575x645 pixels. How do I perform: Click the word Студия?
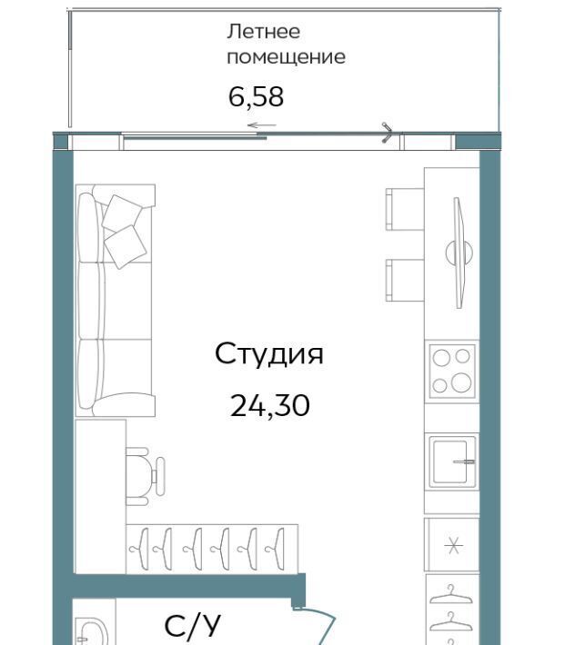pyautogui.click(x=269, y=354)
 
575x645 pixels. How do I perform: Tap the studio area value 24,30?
pyautogui.click(x=270, y=405)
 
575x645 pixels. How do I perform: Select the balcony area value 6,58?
pyautogui.click(x=256, y=97)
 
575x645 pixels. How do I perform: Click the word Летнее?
pyautogui.click(x=264, y=32)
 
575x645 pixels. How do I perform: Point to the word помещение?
pyautogui.click(x=286, y=56)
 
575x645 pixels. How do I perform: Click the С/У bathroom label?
pyautogui.click(x=192, y=626)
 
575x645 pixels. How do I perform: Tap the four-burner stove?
pyautogui.click(x=452, y=372)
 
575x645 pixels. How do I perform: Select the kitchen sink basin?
pyautogui.click(x=452, y=461)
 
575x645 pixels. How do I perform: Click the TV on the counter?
pyautogui.click(x=459, y=253)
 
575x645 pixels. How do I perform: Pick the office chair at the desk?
pyautogui.click(x=145, y=476)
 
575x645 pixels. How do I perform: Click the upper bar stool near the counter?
pyautogui.click(x=405, y=209)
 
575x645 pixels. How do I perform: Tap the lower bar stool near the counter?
pyautogui.click(x=405, y=280)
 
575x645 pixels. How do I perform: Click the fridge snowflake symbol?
pyautogui.click(x=453, y=545)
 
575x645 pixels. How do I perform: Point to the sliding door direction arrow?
pyautogui.click(x=261, y=125)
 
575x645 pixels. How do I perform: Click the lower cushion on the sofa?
pyautogui.click(x=126, y=247)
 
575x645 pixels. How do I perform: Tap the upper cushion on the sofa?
pyautogui.click(x=122, y=213)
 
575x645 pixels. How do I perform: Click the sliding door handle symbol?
pyautogui.click(x=388, y=133)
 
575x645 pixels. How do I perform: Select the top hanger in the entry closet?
pyautogui.click(x=450, y=595)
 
